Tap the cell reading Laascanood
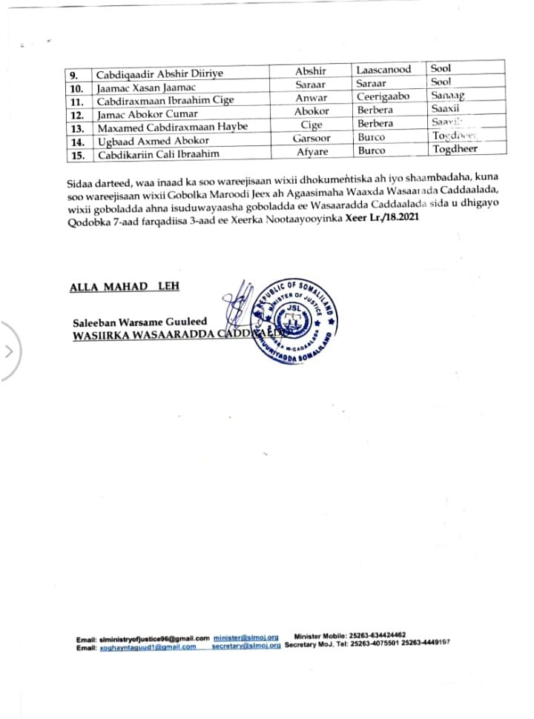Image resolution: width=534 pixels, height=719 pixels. [383, 70]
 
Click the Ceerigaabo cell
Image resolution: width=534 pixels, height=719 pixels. [383, 96]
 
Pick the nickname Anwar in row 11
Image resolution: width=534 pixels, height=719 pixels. [311, 96]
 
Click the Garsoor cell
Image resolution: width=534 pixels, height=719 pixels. [311, 137]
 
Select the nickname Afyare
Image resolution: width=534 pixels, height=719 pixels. [311, 150]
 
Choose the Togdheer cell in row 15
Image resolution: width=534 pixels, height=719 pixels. [455, 150]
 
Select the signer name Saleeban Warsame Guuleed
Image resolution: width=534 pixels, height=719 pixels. [139, 322]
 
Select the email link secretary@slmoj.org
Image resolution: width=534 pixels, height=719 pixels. [245, 646]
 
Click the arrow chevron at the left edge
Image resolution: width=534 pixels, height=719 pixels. [10, 351]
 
